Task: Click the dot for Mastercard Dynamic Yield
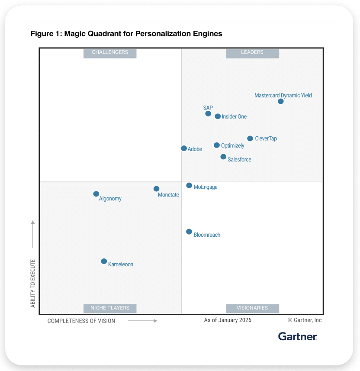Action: tap(281, 101)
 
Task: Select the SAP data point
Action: tap(208, 114)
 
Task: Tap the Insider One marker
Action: tap(218, 116)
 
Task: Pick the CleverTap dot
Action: tap(250, 139)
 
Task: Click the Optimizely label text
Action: tap(232, 146)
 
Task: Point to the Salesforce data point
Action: tap(223, 157)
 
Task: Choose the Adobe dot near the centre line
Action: tap(184, 148)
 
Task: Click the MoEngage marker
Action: tap(189, 186)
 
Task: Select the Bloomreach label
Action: tap(207, 235)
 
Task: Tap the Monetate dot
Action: tap(156, 189)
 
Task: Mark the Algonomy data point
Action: tap(96, 194)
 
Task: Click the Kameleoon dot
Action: tap(104, 261)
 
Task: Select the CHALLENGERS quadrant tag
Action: tap(110, 53)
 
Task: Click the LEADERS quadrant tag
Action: tap(252, 53)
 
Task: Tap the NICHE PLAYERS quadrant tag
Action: tap(110, 308)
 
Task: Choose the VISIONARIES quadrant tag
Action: tap(252, 308)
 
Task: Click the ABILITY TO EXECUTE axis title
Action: tap(33, 284)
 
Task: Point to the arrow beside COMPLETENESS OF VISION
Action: tap(142, 321)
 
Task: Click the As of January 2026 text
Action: tap(228, 320)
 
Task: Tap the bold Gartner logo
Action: tap(298, 336)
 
